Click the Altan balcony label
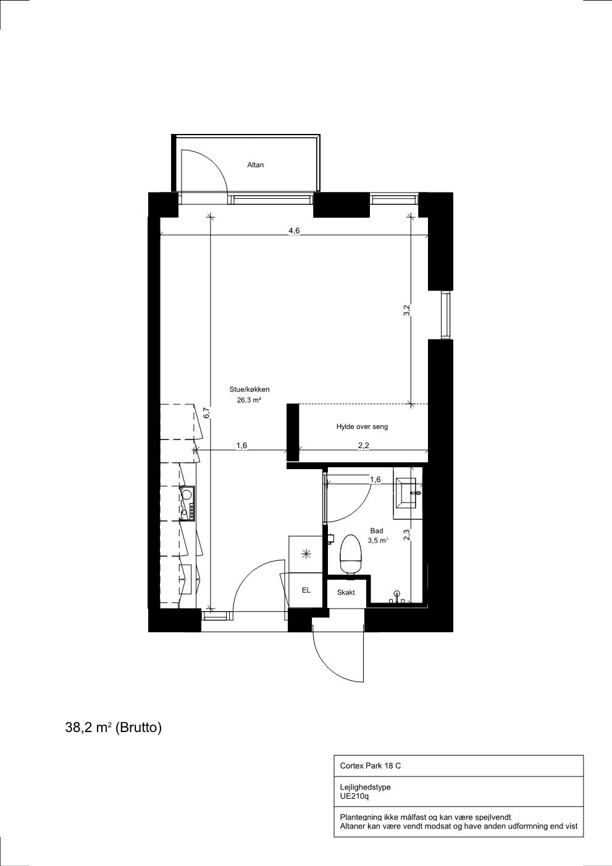tap(255, 165)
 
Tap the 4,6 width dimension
tap(294, 231)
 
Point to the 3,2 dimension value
tap(406, 310)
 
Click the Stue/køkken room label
tap(249, 389)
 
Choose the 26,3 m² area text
tap(249, 400)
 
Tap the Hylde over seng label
tap(362, 427)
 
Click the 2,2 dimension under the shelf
tap(364, 446)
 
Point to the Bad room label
tap(377, 531)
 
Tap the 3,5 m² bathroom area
tap(378, 541)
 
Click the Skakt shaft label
tap(345, 593)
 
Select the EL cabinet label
tap(306, 590)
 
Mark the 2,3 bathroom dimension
tap(406, 535)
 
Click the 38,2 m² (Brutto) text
tap(114, 728)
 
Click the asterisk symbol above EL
tap(306, 555)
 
